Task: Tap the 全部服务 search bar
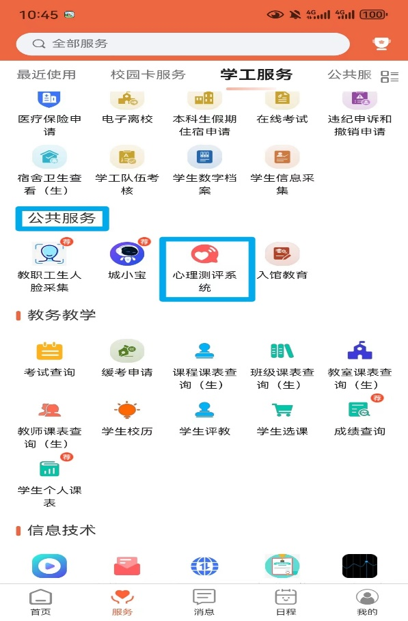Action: (x=182, y=44)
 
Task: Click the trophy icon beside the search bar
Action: (x=381, y=44)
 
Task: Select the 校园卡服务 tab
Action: (x=148, y=74)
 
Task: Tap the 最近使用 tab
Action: (x=46, y=74)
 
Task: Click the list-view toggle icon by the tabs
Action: (x=390, y=77)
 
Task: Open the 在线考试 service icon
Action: (x=282, y=98)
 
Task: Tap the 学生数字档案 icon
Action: (x=204, y=157)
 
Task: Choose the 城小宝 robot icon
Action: (x=126, y=254)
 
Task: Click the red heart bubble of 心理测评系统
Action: (x=204, y=254)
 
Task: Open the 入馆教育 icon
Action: (x=282, y=254)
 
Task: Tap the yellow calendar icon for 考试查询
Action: (x=49, y=351)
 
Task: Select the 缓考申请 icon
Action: (x=126, y=351)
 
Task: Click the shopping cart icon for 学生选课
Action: (x=282, y=410)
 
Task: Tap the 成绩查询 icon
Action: (x=359, y=410)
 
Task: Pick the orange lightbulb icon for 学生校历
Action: (x=126, y=410)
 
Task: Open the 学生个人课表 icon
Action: (x=49, y=469)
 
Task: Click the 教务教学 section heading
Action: (x=62, y=315)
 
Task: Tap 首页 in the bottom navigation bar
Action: (x=41, y=602)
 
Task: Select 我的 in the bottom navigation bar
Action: (x=367, y=602)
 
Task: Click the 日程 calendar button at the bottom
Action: (x=286, y=602)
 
